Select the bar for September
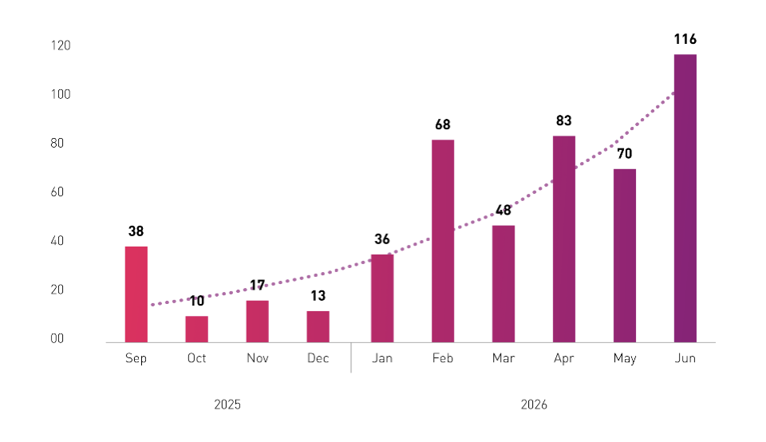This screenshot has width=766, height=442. coord(136,294)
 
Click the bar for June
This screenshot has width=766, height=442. coord(685,199)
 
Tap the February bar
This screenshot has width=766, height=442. coord(443,241)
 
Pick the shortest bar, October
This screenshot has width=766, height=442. coord(197,330)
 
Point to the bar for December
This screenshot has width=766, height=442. coord(318,327)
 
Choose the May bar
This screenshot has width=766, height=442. coord(625,256)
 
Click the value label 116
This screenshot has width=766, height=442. coord(685,39)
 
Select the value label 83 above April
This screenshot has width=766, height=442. coord(564,120)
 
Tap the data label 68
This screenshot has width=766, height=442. coord(443,124)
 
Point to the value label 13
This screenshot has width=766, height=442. coord(318,295)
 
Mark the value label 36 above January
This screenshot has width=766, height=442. coord(382,239)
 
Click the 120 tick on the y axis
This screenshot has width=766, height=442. coord(61,45)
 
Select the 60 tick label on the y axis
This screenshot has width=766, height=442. coord(57,192)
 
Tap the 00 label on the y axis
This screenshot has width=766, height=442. coord(57,338)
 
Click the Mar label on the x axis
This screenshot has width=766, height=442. coord(503,358)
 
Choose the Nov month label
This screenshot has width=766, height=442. coord(258,358)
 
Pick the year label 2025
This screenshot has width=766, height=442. coord(227,405)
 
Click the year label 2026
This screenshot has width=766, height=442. coord(534,405)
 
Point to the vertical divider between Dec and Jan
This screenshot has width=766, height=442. coord(351,357)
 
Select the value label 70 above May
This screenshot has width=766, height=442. coord(624,154)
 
